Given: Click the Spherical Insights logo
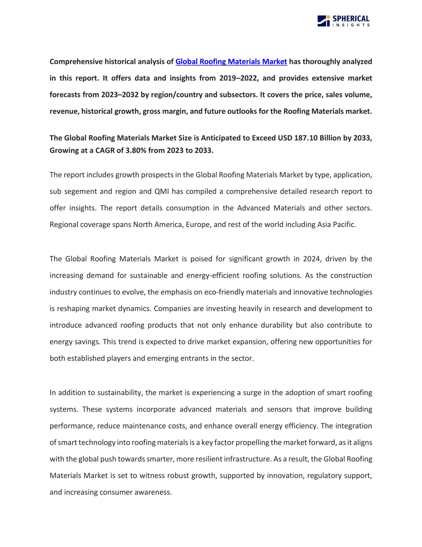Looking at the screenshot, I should pyautogui.click(x=343, y=21).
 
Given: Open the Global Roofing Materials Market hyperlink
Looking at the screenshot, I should pyautogui.click(x=231, y=62).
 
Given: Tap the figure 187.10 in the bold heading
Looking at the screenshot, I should pyautogui.click(x=306, y=138).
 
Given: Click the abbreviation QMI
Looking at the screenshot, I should pyautogui.click(x=162, y=191).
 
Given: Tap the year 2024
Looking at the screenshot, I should pyautogui.click(x=312, y=259).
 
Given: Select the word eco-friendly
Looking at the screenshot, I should pyautogui.click(x=223, y=292).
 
